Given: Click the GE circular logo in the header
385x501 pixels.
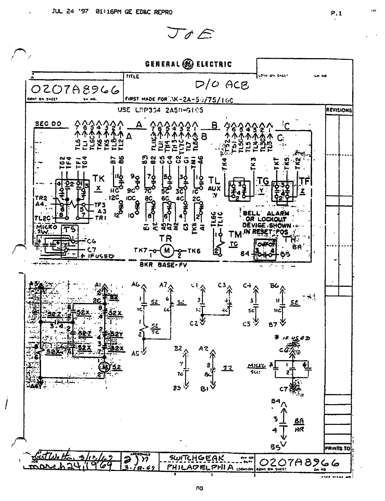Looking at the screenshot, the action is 188,64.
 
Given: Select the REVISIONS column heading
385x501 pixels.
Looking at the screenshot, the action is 339,110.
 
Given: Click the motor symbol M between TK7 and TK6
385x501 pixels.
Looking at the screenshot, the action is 166,251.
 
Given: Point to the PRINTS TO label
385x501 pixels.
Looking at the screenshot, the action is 338,448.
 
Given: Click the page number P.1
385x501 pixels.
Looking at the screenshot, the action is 336,13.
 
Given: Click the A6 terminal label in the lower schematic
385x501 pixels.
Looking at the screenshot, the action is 136,284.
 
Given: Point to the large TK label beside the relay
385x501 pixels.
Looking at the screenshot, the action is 98,179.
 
